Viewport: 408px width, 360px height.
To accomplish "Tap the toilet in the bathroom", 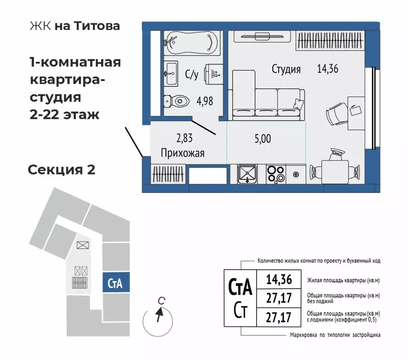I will pyautogui.click(x=176, y=100).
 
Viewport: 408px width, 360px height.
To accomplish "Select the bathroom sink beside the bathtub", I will pyautogui.click(x=171, y=74).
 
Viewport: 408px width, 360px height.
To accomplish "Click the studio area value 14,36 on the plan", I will pyautogui.click(x=326, y=69).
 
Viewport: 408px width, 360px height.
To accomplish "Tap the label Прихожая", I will pyautogui.click(x=182, y=153).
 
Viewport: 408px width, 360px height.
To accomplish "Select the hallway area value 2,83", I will pyautogui.click(x=184, y=138).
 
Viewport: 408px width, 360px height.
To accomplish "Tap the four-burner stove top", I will pyautogui.click(x=276, y=174).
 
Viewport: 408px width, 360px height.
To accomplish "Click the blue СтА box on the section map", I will pyautogui.click(x=115, y=283).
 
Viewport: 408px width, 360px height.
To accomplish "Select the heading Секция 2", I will pyautogui.click(x=61, y=169).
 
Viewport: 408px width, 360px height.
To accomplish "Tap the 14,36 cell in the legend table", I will pyautogui.click(x=279, y=280).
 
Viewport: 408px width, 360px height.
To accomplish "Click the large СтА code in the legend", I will pyautogui.click(x=240, y=285).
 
